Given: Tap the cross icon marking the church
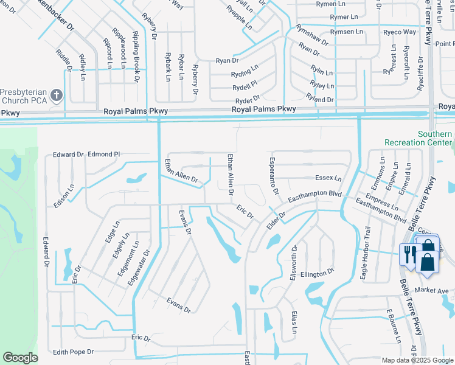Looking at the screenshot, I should tap(57, 95).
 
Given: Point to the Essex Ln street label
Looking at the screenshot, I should tap(328, 178).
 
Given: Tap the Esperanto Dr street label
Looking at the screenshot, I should tap(273, 175).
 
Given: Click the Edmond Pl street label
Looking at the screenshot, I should tap(104, 155).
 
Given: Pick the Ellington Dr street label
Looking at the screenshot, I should tap(317, 274).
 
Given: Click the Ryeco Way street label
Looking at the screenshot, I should tap(400, 32).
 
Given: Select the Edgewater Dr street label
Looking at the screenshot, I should tap(138, 268).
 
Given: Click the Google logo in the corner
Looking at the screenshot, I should tap(19, 358).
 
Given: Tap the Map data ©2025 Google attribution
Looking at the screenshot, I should tap(417, 360).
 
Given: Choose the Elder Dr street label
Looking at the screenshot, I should tap(275, 221).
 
